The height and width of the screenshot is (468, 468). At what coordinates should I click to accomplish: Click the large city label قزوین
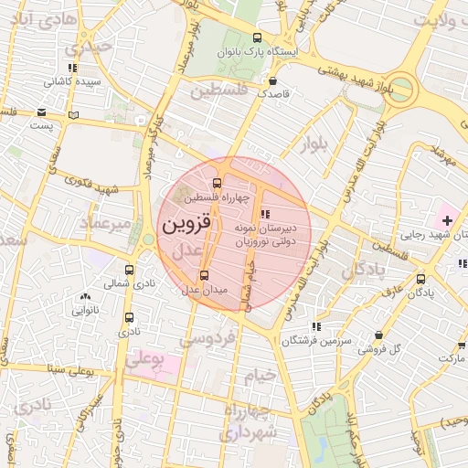186,222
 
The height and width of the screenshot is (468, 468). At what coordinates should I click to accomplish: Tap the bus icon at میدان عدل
204,274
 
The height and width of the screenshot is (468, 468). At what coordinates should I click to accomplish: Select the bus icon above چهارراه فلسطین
217,183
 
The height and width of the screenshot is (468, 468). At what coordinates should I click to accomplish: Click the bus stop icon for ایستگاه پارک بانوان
257,39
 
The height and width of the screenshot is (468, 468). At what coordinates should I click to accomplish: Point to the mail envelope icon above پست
41,113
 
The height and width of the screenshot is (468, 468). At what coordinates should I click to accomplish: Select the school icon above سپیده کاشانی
72,68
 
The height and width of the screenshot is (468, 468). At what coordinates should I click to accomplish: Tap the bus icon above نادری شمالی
129,271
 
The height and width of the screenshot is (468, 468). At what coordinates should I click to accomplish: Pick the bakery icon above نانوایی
86,296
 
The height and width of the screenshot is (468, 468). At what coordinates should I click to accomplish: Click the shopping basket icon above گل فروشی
379,335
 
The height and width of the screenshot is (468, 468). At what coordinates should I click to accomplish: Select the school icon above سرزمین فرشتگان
316,326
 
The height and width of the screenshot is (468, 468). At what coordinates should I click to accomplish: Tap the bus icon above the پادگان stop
420,280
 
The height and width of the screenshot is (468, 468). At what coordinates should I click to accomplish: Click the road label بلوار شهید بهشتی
357,74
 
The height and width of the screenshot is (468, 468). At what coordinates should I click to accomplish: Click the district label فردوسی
208,339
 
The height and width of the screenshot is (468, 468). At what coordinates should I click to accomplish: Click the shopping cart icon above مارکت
462,346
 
